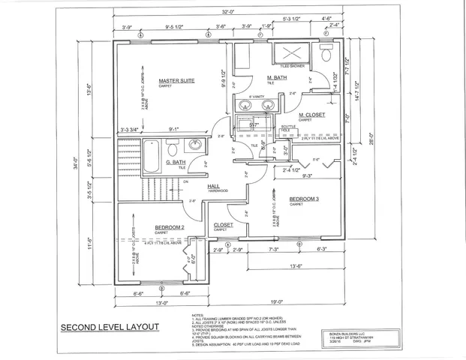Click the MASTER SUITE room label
tap(176, 80)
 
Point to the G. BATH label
tap(174, 162)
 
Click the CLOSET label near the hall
tap(224, 224)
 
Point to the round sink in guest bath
tap(194, 145)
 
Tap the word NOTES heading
tap(197, 316)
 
